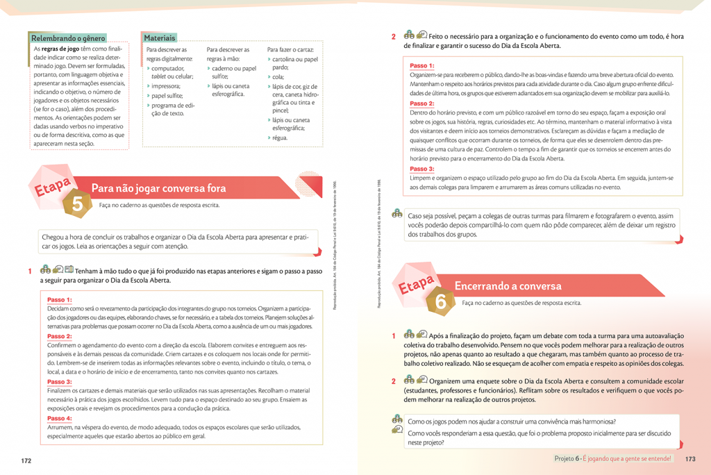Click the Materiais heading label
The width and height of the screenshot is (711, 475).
coord(160,38)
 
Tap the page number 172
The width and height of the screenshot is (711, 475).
coord(26,460)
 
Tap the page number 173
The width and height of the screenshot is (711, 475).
coord(689,458)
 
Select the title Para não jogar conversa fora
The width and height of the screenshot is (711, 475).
coord(159,188)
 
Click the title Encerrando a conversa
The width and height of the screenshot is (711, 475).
coord(508,286)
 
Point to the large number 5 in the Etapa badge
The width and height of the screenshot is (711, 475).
coord(78,203)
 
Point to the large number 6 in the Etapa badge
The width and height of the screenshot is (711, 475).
coord(441,301)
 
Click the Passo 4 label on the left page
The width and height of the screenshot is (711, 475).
coord(60,419)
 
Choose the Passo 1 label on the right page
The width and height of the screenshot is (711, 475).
coord(422,66)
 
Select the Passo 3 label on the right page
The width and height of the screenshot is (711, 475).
coord(422,169)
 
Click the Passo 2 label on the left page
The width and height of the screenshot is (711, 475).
coord(60,336)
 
